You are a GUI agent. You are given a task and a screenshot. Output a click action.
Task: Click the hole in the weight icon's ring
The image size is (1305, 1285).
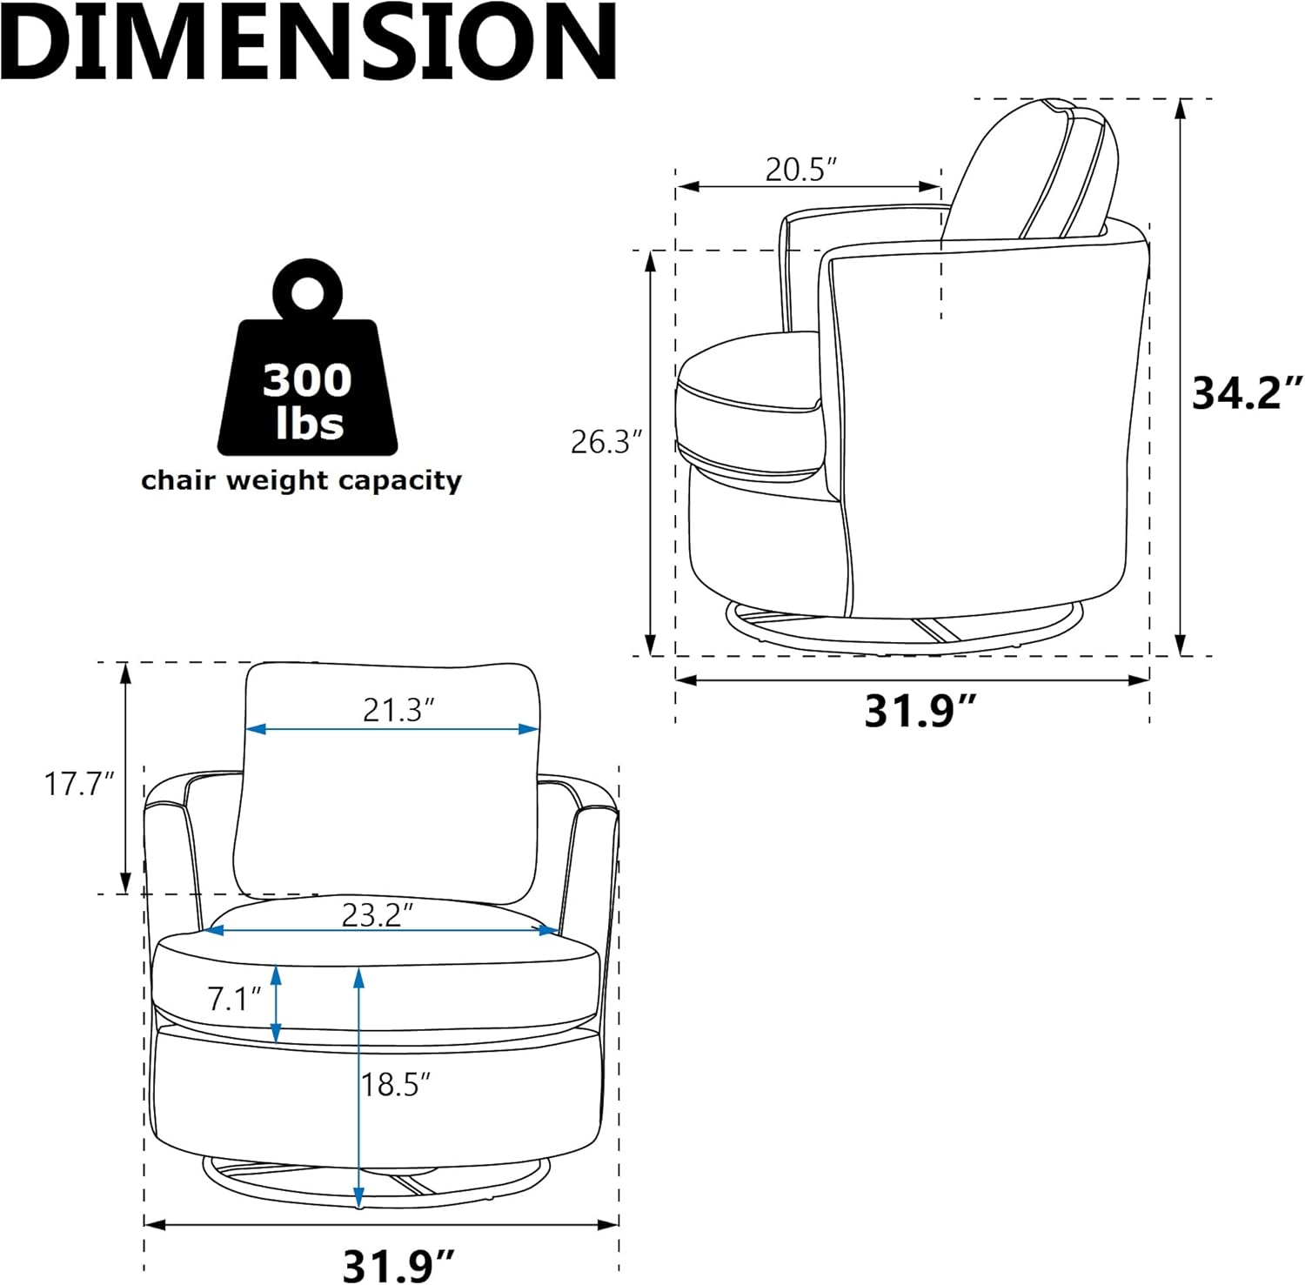307,293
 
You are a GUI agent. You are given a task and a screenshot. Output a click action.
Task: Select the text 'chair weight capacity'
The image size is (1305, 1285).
301,480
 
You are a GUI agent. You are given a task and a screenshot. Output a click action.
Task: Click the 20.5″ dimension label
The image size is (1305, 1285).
800,169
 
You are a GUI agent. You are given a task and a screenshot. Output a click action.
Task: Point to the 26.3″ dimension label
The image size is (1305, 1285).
606,442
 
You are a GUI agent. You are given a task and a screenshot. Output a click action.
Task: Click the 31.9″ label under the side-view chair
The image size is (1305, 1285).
920,711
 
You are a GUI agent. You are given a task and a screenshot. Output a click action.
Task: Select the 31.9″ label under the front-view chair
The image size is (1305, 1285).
399,1264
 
